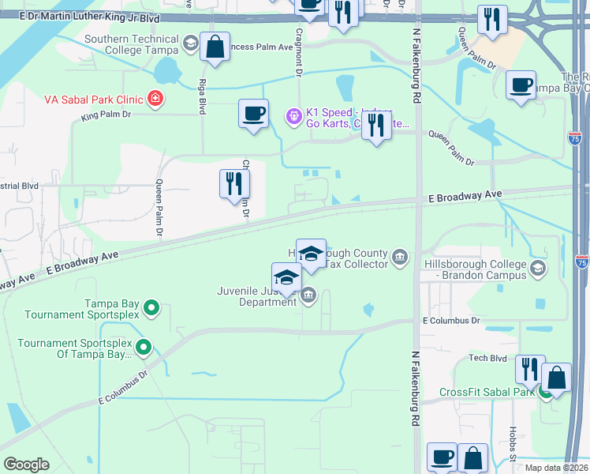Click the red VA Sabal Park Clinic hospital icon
155,99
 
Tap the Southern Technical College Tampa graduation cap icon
190,42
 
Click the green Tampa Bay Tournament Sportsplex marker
154,307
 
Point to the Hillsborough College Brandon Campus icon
539,268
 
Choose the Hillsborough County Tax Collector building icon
401,257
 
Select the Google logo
26,465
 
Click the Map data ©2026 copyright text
556,468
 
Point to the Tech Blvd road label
487,358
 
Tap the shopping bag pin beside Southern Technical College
215,47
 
